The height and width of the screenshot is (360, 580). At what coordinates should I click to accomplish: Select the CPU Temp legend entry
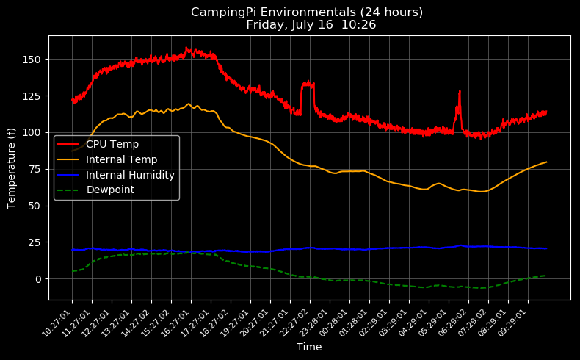pos(112,144)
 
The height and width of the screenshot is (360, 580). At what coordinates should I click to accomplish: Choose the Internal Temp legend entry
pos(121,159)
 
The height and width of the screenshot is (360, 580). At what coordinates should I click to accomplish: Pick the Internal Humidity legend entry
pos(130,175)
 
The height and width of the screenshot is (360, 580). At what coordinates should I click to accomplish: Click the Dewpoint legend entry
pos(110,190)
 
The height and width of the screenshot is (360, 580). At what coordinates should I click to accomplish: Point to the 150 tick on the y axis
pos(34,60)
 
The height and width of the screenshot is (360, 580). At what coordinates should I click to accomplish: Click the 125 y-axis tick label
pos(34,96)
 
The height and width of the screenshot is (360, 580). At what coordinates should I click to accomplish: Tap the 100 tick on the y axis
pos(34,132)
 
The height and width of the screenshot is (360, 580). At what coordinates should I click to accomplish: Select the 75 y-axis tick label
pos(36,169)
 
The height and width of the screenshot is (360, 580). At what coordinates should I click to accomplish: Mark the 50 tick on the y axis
pos(36,206)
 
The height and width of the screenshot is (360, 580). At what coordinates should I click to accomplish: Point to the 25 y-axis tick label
pos(36,242)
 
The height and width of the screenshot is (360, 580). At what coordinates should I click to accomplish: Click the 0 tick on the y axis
pos(39,279)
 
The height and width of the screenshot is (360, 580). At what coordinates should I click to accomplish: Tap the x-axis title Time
pos(309,348)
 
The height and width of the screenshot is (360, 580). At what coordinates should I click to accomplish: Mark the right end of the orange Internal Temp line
pos(546,162)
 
